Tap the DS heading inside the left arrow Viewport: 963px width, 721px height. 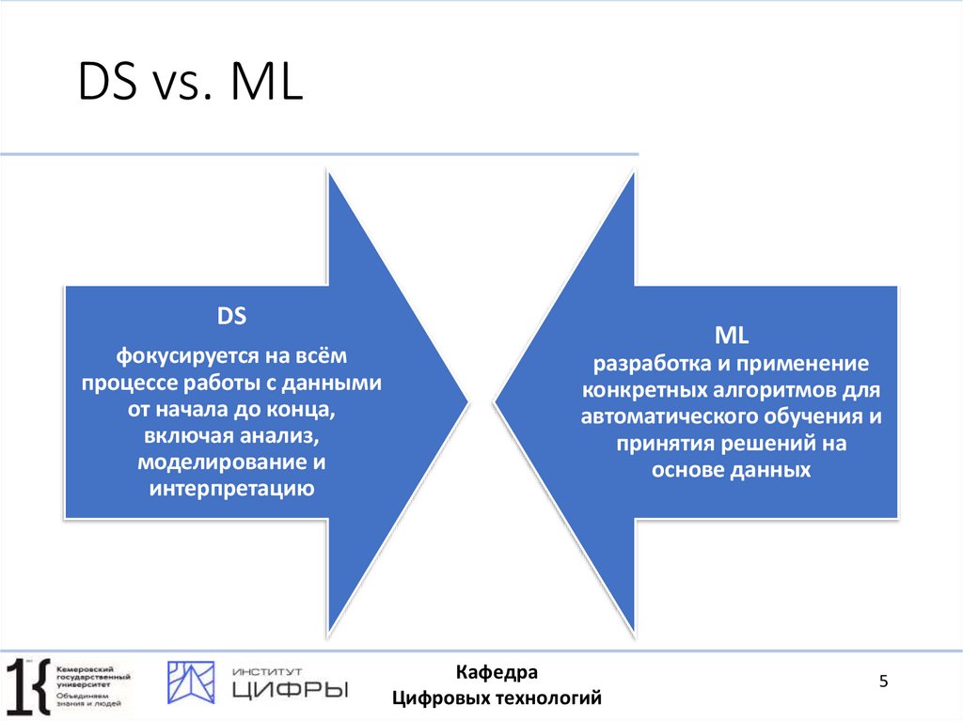click(231, 318)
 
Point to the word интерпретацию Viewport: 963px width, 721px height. click(231, 488)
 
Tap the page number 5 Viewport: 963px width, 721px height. click(883, 682)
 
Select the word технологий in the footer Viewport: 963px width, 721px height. click(547, 698)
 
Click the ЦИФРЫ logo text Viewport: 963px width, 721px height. click(289, 690)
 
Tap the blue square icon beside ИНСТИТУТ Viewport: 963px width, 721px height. click(191, 682)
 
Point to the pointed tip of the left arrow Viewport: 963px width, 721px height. click(466, 404)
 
